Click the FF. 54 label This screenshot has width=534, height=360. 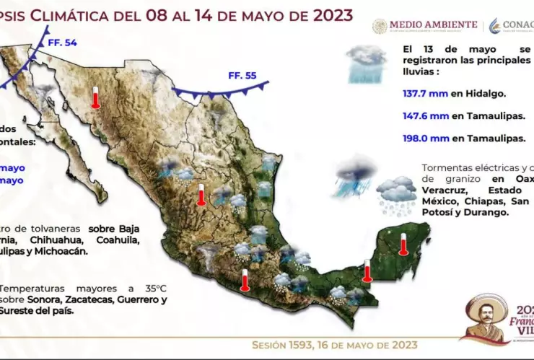tap(62, 43)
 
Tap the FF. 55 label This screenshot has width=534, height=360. tap(242, 75)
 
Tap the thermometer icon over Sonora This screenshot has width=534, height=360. tap(95, 97)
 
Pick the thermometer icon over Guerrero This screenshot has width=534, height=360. tap(245, 279)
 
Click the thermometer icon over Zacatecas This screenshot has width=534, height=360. tap(201, 194)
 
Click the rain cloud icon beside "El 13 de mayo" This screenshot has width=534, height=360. tap(367, 63)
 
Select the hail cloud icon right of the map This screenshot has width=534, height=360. tap(396, 196)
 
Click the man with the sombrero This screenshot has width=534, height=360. tap(483, 317)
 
